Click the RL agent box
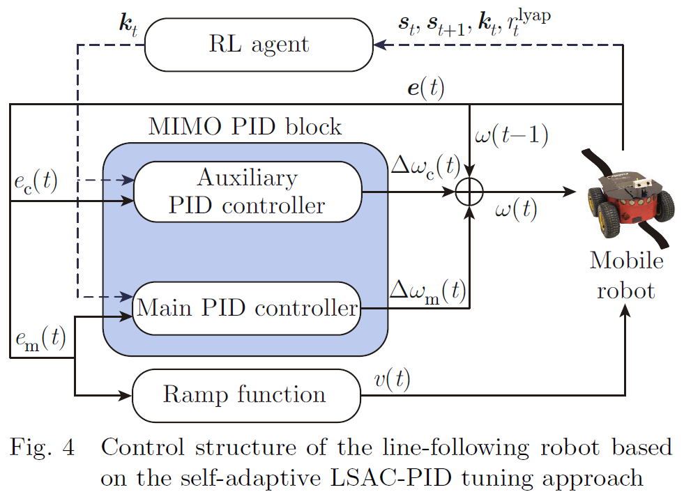click(259, 45)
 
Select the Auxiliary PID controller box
click(248, 192)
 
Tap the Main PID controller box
click(247, 307)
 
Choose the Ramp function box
click(247, 395)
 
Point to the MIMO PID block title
click(245, 128)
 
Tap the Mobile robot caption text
click(625, 275)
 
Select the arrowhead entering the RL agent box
click(379, 45)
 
